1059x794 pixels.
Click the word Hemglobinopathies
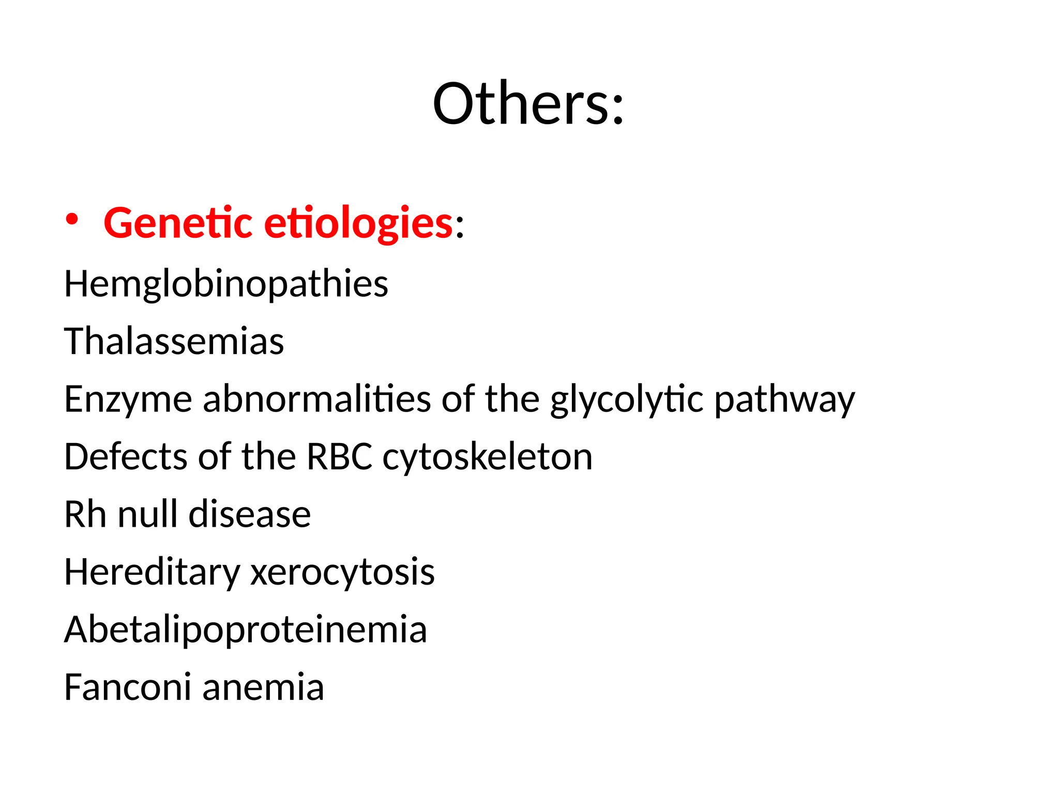pos(226,284)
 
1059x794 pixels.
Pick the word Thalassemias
pos(174,341)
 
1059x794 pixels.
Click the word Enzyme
pos(128,400)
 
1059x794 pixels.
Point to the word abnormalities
pos(317,399)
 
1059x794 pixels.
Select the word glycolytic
pos(627,400)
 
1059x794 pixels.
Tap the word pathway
pos(784,400)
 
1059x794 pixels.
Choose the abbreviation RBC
pos(339,457)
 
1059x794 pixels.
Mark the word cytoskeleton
pos(487,457)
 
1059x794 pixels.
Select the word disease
pos(250,514)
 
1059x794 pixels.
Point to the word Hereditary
pos(152,573)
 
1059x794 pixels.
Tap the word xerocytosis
pos(342,573)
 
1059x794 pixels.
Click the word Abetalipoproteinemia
pos(246,630)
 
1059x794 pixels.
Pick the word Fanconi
pos(128,687)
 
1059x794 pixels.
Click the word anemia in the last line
pos(263,688)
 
